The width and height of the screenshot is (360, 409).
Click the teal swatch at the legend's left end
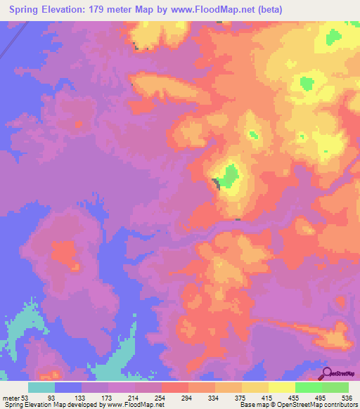(x=41, y=387)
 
